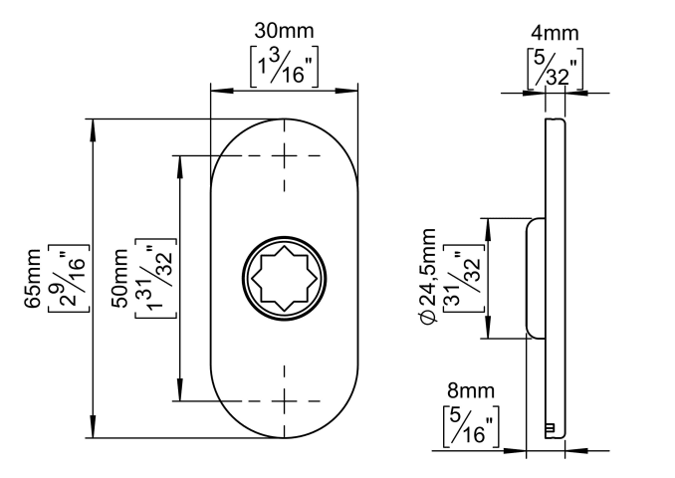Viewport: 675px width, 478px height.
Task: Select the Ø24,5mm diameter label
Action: point(428,275)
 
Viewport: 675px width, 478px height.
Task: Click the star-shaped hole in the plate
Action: point(286,278)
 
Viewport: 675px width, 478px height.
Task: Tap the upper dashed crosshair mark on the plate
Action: point(286,155)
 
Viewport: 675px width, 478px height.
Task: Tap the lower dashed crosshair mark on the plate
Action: point(286,402)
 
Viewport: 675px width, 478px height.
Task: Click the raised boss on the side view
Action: point(534,278)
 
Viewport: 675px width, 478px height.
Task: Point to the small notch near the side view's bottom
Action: point(550,427)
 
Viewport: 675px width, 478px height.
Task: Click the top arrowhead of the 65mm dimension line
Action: point(92,123)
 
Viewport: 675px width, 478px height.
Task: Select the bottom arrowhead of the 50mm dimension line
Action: point(180,396)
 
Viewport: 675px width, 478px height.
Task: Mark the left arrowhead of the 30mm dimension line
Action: point(215,92)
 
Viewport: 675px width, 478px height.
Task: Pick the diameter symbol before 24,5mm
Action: point(428,317)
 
